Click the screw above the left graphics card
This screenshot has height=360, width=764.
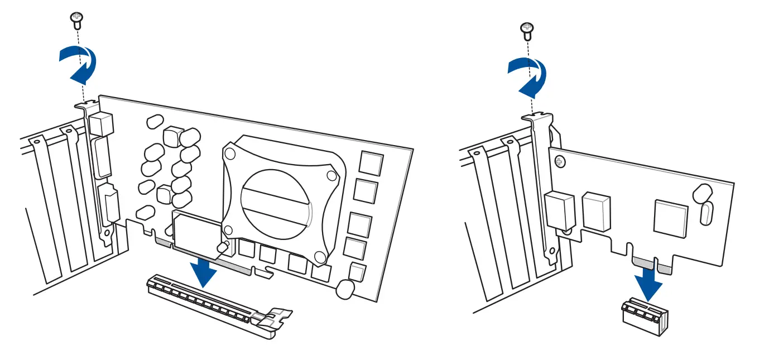point(75,20)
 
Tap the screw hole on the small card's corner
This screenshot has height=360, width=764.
point(560,162)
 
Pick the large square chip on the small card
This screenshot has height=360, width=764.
point(670,218)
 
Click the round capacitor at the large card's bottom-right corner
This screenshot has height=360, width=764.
point(347,288)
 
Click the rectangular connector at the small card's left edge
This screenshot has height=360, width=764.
point(561,210)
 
